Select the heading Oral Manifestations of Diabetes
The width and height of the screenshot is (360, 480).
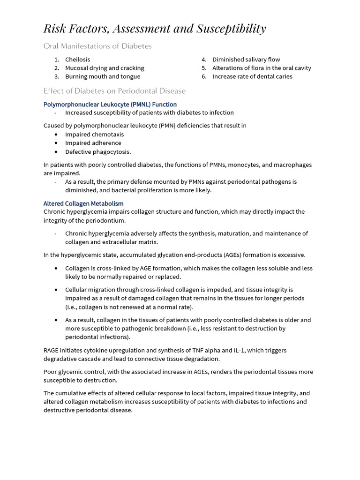(97, 46)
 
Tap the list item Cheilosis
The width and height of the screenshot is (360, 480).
(77, 60)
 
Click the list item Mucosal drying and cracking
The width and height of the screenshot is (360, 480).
(105, 68)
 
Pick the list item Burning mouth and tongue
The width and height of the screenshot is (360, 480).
(103, 76)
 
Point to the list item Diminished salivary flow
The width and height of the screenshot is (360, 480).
(246, 60)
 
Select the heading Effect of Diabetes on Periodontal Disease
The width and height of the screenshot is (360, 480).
(114, 91)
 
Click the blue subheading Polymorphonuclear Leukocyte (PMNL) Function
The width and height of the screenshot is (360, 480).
(110, 104)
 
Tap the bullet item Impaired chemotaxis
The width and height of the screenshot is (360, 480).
(94, 135)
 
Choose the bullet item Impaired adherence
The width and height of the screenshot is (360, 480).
(93, 143)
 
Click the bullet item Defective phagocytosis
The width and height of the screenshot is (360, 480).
(98, 152)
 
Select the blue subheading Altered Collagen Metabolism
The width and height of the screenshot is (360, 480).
(83, 203)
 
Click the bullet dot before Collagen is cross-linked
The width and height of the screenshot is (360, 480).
(56, 269)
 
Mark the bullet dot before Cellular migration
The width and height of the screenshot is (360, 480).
(56, 290)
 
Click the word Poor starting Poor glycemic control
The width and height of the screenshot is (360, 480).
(51, 372)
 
